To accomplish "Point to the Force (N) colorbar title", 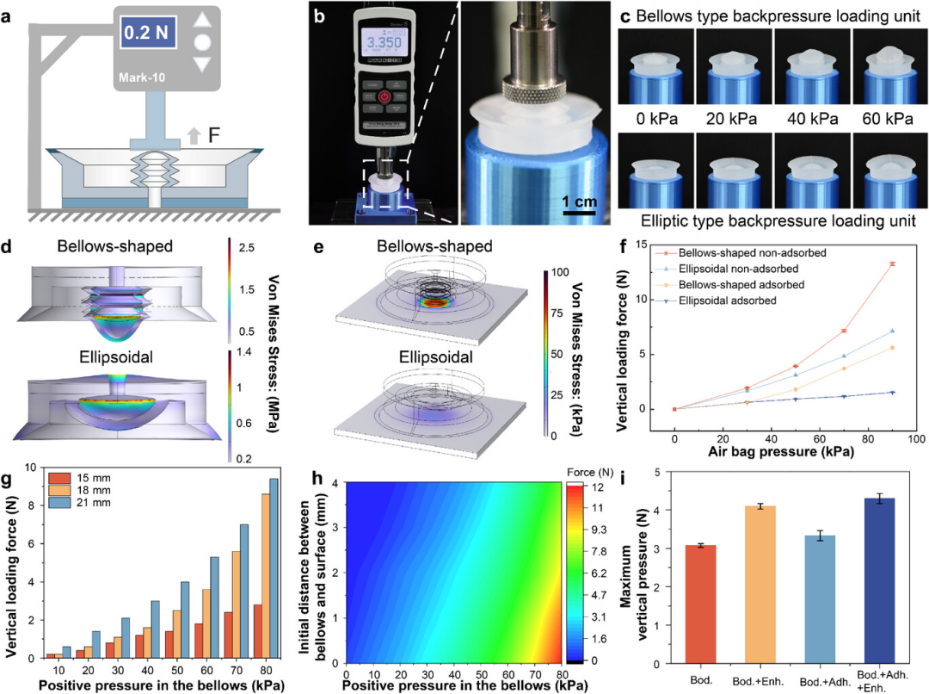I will tap(588, 471).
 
